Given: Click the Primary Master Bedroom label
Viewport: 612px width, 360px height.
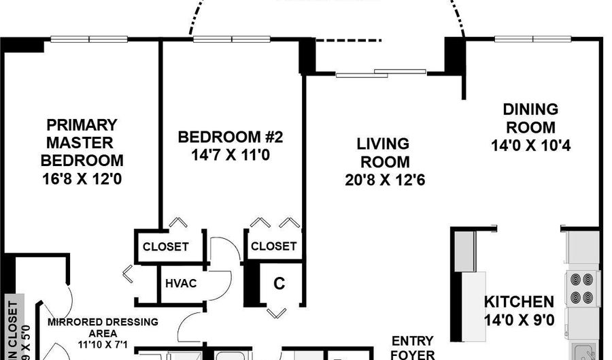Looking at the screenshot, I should tap(82, 143).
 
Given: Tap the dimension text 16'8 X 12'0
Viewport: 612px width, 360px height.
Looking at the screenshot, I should tap(82, 180).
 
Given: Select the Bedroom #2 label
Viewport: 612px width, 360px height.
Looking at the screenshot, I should tap(230, 137).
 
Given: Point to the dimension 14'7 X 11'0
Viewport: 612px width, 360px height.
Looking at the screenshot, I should tap(230, 154).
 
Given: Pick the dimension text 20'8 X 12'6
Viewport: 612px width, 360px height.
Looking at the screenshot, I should tap(384, 180).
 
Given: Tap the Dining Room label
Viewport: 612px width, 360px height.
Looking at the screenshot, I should tap(530, 118).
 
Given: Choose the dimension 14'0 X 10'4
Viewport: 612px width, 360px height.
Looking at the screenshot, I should tap(530, 145).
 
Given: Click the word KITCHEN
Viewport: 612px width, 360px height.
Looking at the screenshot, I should tap(518, 301).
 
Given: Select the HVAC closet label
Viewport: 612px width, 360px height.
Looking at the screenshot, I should tap(181, 283).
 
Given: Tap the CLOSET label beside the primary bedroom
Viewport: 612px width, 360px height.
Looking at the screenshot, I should tap(165, 246).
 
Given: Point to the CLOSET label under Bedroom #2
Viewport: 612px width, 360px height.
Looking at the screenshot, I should tap(273, 246).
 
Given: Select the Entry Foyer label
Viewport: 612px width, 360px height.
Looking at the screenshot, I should tap(413, 347).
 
